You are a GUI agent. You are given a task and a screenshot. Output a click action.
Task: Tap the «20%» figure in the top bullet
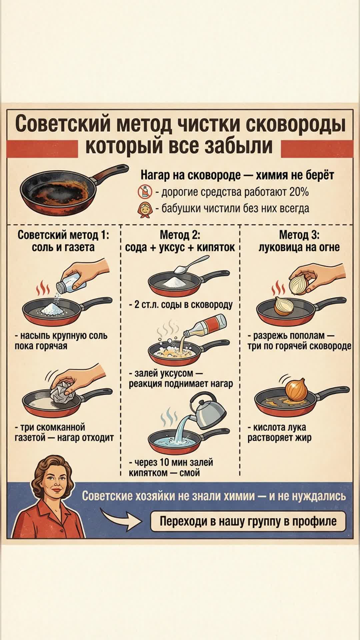pos(299,192)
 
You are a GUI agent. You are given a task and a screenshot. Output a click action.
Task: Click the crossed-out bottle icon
pos(145,192)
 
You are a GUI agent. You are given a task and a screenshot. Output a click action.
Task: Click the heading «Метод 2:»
pos(180,235)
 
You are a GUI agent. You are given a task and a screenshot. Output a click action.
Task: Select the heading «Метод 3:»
pos(299,235)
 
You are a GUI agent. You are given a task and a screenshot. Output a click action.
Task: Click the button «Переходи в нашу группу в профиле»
pos(248,521)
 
